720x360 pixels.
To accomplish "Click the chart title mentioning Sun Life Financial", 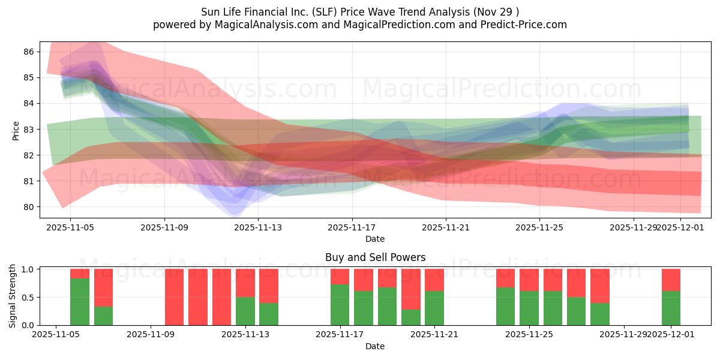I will tap(360, 11).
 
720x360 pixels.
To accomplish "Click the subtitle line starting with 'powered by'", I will tap(360, 25).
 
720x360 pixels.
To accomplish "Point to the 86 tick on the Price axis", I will tap(29, 52).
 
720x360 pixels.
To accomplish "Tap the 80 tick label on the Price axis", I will tap(29, 207).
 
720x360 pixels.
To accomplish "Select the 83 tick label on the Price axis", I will tap(29, 130).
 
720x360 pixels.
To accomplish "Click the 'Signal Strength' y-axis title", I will tap(13, 296).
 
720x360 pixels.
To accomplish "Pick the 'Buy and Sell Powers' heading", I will tap(375, 257).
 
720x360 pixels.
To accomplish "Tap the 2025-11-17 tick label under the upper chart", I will tap(352, 227).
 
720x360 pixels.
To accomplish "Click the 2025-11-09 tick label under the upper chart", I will tap(165, 227).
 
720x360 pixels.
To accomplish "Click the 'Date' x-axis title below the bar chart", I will tap(375, 346).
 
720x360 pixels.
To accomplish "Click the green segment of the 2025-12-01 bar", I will tap(671, 308).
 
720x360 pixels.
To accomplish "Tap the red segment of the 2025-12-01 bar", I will tap(671, 280).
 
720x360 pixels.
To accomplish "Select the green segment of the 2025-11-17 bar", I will tap(340, 305).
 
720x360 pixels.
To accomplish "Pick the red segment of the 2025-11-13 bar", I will tap(245, 283).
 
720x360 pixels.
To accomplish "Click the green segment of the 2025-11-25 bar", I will tap(529, 308).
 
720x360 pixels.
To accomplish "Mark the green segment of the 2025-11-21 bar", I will tap(434, 308).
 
